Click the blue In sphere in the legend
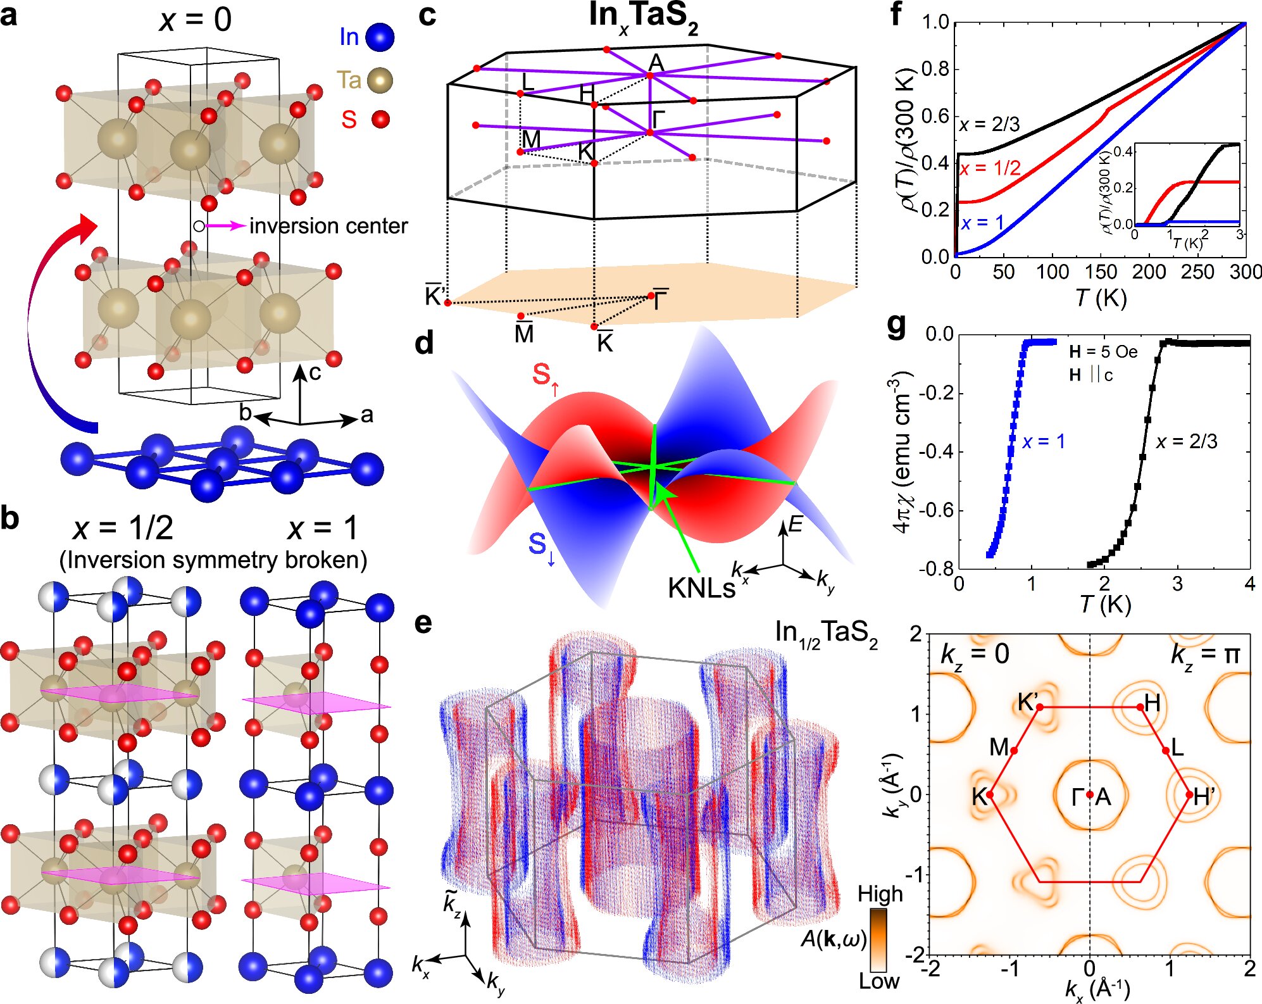(x=380, y=37)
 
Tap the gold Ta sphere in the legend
(x=380, y=80)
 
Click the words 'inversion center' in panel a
(x=328, y=226)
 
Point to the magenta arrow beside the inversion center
(x=225, y=225)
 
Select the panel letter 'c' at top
(x=427, y=15)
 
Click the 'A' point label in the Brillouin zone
(x=656, y=62)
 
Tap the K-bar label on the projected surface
(x=605, y=342)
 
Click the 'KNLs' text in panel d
(x=701, y=589)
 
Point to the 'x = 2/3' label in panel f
(x=989, y=125)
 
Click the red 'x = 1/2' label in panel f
(x=990, y=168)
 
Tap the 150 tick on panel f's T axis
(x=1101, y=272)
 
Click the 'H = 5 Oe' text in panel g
(x=1103, y=352)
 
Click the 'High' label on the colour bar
(x=880, y=894)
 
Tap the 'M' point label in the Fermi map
(x=999, y=748)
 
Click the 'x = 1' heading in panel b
(x=322, y=528)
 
